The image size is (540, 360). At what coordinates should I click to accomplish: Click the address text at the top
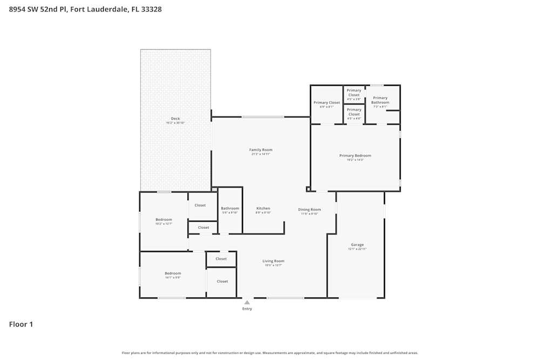point(85,9)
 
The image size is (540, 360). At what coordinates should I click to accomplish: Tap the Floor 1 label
point(21,324)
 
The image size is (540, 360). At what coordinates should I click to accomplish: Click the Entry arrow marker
point(247,303)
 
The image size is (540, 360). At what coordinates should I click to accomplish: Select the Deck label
point(175,119)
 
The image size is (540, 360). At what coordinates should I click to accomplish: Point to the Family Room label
point(261,150)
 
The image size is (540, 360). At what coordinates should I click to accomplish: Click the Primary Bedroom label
point(355,155)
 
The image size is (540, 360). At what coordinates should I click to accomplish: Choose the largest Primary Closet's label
point(327,103)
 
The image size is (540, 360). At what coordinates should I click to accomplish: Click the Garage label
point(357,244)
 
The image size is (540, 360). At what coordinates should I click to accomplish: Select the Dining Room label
point(309,209)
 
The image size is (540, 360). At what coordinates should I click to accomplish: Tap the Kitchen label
point(263,208)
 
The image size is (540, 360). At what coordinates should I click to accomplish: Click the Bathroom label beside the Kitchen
point(230,208)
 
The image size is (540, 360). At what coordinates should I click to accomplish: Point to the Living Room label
point(273,261)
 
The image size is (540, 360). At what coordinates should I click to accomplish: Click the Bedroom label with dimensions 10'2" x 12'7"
point(164,220)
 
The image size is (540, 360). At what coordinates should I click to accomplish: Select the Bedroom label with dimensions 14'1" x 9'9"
point(173,273)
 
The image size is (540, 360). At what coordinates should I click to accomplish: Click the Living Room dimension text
point(273,266)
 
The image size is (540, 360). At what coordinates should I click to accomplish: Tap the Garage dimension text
point(357,249)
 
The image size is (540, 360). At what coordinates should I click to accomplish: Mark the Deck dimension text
point(175,123)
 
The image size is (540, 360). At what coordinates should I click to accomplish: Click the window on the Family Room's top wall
point(263,117)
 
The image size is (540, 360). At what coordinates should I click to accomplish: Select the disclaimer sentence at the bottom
point(269,353)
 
